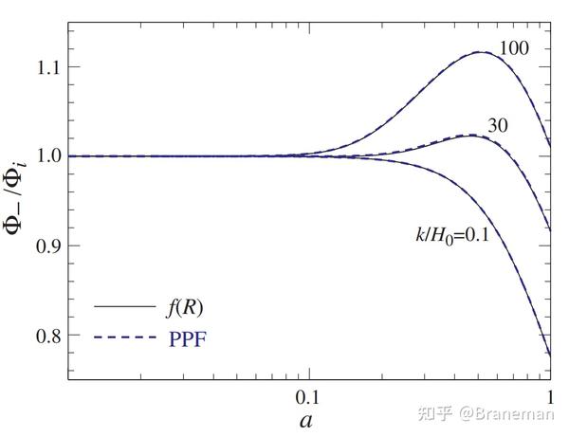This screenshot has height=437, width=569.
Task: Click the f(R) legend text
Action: pos(184,308)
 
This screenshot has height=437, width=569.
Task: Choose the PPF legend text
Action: pos(188,336)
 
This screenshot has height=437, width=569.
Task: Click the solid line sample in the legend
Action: pos(123,308)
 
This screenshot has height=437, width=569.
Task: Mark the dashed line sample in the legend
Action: pos(123,336)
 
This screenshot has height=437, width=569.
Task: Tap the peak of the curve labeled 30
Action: pos(468,136)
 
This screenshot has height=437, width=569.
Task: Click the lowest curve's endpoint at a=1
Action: pos(550,355)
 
